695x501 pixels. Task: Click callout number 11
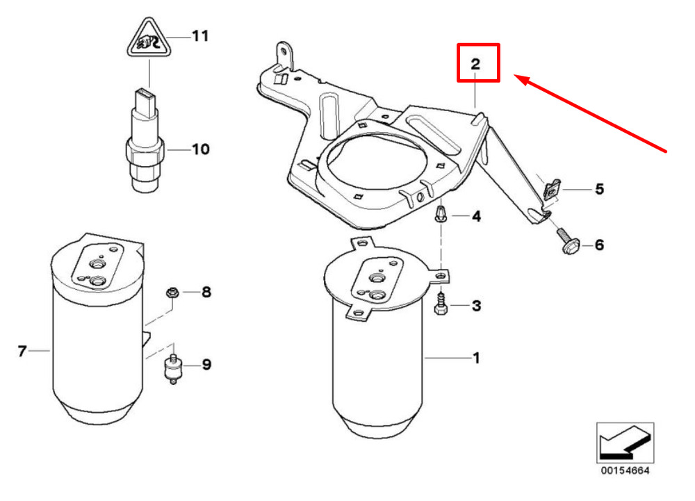200,35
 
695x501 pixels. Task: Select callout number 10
200,149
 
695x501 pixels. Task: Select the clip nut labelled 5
550,188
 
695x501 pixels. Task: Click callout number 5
599,189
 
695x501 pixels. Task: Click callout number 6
599,245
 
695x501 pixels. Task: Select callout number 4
476,217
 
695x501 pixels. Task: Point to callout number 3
476,305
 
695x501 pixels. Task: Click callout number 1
476,358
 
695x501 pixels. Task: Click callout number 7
22,352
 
